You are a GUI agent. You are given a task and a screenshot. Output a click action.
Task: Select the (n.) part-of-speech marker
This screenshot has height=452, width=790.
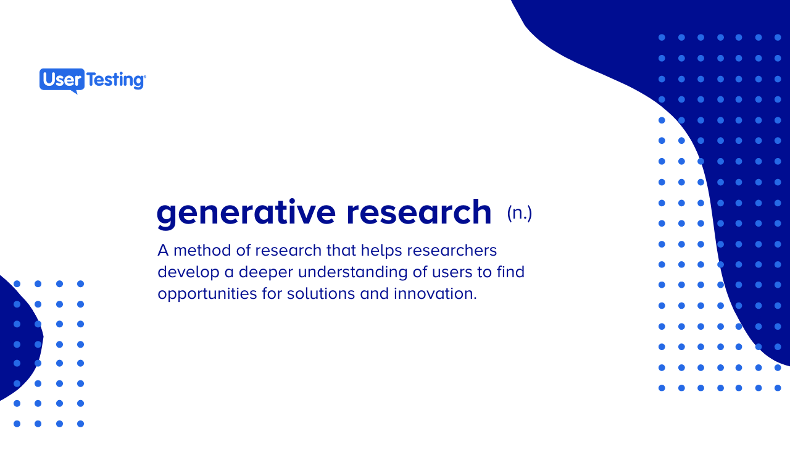point(519,213)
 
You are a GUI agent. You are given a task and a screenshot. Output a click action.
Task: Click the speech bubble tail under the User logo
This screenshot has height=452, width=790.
point(75,91)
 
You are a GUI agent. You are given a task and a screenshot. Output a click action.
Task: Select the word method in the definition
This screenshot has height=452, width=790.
point(200,250)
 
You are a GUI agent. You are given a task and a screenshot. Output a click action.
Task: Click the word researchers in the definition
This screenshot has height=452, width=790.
point(452,250)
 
